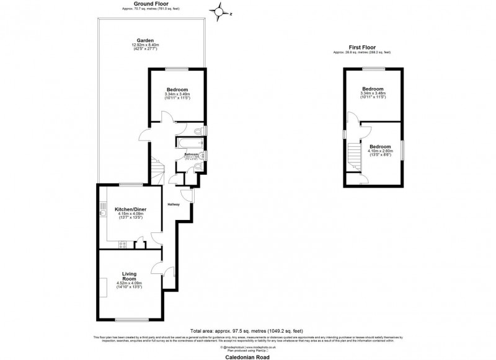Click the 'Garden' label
pos(145,40)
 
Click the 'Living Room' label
pos(129,276)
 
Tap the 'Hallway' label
pos(173,204)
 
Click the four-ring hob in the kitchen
pos(123,244)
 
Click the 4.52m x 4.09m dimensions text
pos(129,283)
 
